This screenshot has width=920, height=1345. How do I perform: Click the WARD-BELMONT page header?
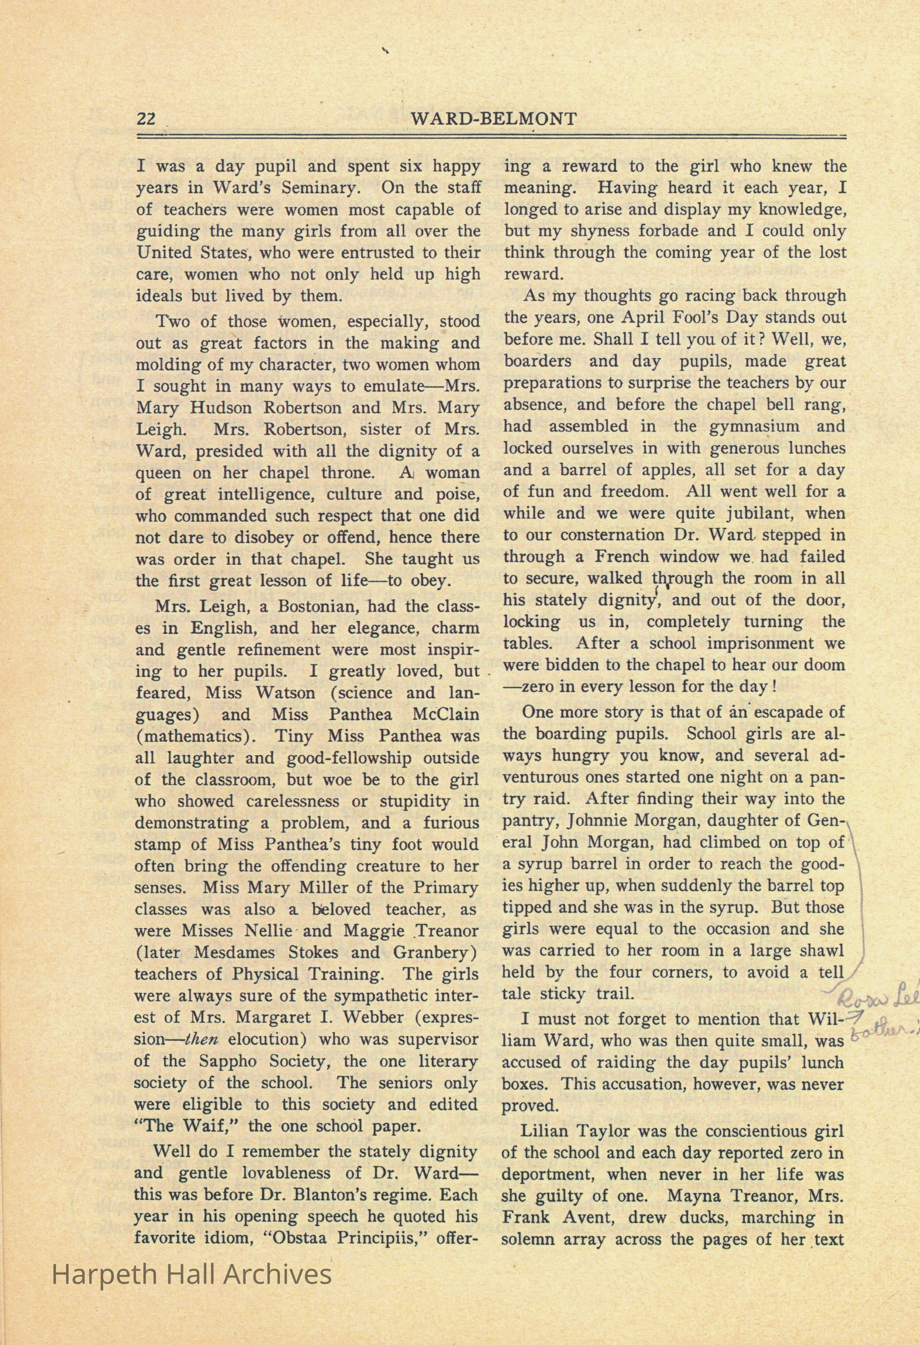coord(493,119)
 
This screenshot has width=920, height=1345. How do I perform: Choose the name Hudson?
coord(219,407)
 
